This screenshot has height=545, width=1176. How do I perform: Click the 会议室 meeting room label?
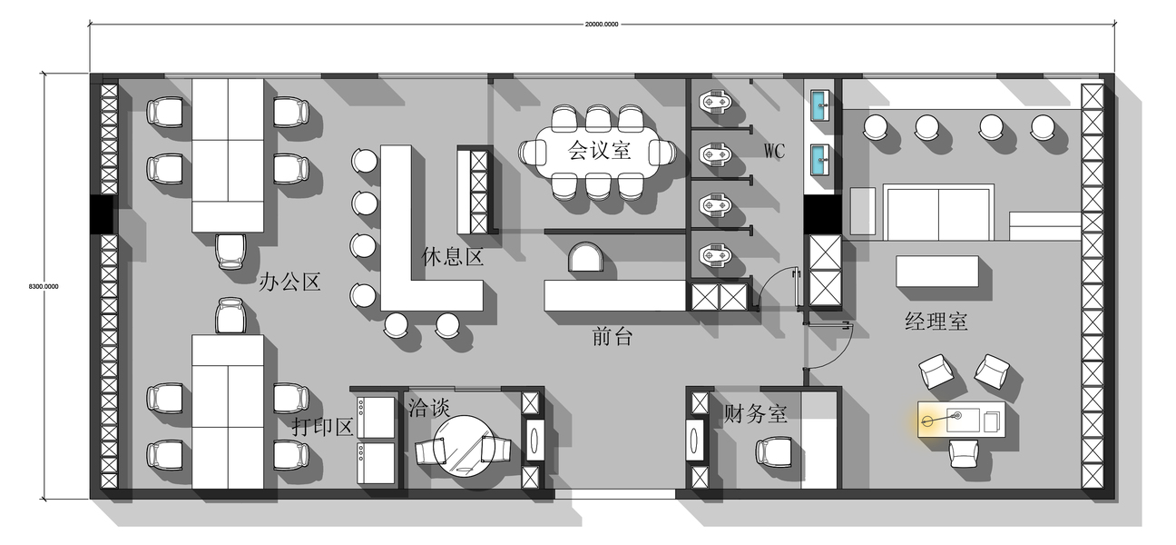599,151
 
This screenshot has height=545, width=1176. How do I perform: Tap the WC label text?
774,151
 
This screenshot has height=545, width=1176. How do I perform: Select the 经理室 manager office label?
936,322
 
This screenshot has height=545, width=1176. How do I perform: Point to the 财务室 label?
756,413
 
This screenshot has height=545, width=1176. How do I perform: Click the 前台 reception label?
612,336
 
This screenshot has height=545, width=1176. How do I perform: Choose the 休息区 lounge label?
452,257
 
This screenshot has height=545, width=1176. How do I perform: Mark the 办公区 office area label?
289,282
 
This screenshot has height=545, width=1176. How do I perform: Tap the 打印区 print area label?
322,427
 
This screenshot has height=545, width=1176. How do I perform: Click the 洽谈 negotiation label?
429,407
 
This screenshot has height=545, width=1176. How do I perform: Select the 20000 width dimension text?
602,25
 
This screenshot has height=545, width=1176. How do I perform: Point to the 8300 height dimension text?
44,286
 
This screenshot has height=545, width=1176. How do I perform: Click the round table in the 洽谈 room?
464,446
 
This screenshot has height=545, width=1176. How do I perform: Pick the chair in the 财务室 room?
773,452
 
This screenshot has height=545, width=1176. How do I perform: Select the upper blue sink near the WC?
819,105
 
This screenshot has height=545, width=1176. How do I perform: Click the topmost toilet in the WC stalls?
715,101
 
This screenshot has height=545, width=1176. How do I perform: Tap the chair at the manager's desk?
964,453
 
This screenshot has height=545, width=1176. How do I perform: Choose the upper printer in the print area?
376,417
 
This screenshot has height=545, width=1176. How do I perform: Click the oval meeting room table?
598,153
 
